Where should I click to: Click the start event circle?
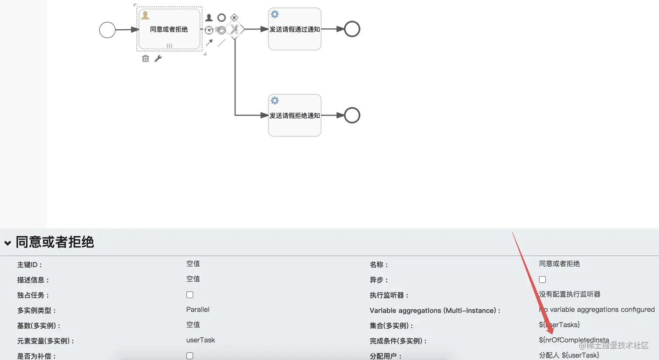tap(107, 30)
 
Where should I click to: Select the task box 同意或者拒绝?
tap(169, 29)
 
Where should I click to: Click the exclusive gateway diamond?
tap(235, 29)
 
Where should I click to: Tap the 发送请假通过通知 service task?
tap(295, 29)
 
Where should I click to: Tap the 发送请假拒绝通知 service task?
tap(295, 115)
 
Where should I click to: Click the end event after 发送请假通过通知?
tap(352, 29)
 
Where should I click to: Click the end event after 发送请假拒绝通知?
tap(352, 115)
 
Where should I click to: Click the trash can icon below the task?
tap(146, 58)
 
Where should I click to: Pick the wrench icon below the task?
tap(158, 58)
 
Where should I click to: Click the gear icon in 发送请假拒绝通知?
tap(275, 101)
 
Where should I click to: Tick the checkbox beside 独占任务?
tap(190, 295)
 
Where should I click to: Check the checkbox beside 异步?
tap(542, 280)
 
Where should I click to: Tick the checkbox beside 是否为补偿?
tap(190, 356)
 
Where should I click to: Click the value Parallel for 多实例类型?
tap(197, 309)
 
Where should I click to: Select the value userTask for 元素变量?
tap(200, 340)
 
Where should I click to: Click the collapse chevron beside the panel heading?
tap(7, 243)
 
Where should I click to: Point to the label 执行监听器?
tap(389, 295)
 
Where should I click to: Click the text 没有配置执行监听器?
tap(570, 294)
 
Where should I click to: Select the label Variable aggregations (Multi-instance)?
tap(435, 310)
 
